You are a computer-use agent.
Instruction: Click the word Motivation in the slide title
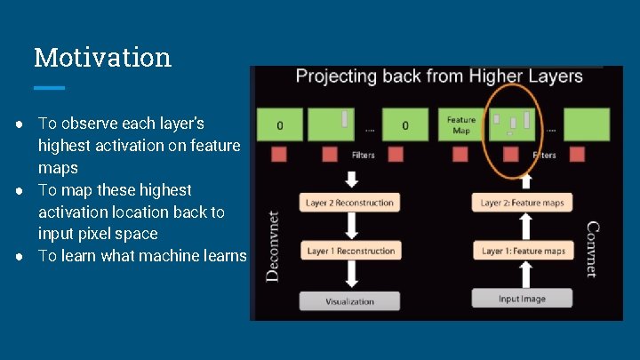[x=102, y=58]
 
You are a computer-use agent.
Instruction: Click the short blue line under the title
[x=49, y=88]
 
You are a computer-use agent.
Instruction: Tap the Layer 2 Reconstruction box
[x=349, y=203]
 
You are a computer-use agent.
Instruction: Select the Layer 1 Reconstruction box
[x=349, y=251]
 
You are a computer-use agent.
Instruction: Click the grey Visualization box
[x=349, y=300]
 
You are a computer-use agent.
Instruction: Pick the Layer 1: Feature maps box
[x=523, y=251]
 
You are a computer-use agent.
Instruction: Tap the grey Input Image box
[x=522, y=299]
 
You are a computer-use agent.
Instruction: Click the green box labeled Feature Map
[x=460, y=124]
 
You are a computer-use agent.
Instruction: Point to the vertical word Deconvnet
[x=273, y=245]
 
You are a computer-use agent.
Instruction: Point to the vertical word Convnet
[x=591, y=249]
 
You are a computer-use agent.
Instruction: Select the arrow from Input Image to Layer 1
[x=523, y=275]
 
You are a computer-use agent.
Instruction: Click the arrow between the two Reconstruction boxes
[x=349, y=227]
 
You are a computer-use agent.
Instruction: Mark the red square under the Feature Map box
[x=460, y=155]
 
